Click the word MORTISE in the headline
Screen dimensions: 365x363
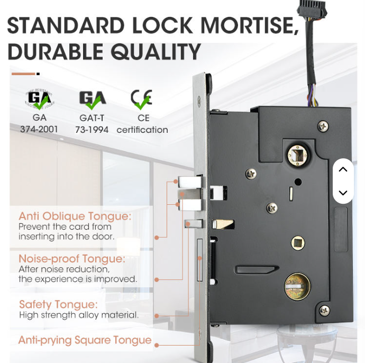(249, 25)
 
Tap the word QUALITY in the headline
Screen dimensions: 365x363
(156, 51)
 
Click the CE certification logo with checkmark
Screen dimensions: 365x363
(142, 99)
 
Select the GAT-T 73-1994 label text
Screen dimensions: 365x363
(92, 124)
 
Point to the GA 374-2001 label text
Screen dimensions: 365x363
(39, 123)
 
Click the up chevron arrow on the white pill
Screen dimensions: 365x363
(343, 169)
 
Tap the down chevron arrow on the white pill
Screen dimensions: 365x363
(343, 193)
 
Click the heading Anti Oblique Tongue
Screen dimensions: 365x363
(75, 216)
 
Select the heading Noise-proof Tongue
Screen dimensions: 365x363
(72, 258)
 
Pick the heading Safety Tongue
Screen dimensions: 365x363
(58, 304)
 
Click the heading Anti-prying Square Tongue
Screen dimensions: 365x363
(85, 340)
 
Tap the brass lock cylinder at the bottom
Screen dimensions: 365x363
(298, 287)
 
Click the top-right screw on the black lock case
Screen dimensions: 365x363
(323, 126)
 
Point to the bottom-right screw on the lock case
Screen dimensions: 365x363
(324, 310)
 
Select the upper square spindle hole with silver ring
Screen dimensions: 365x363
(298, 155)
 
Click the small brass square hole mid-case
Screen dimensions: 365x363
(298, 243)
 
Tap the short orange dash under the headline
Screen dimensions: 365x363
(23, 74)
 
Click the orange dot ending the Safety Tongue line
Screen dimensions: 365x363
(157, 316)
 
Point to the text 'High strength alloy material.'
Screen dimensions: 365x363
(79, 315)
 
